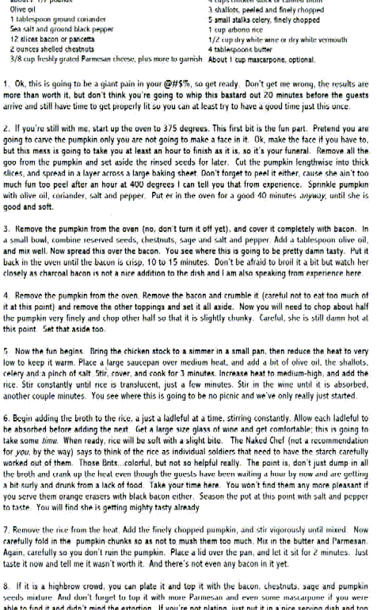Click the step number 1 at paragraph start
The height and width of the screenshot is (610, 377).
[x=6, y=83]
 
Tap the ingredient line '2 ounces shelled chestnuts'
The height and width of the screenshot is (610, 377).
[x=48, y=48]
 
